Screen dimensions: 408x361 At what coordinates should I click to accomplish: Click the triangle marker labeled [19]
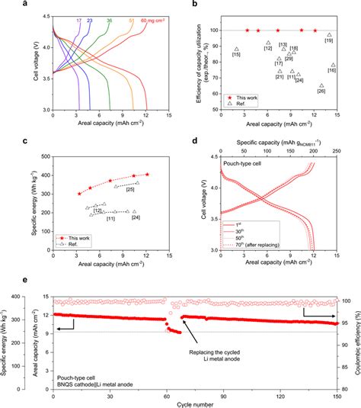click(330, 35)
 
